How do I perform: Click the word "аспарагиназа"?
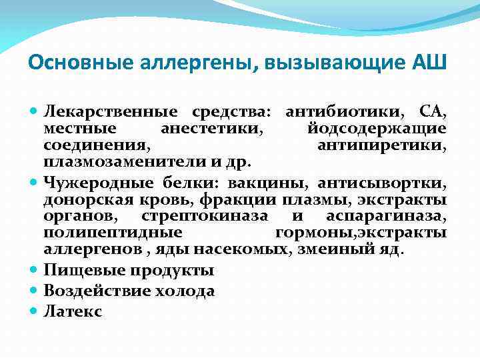387,216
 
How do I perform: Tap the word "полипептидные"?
113,233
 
